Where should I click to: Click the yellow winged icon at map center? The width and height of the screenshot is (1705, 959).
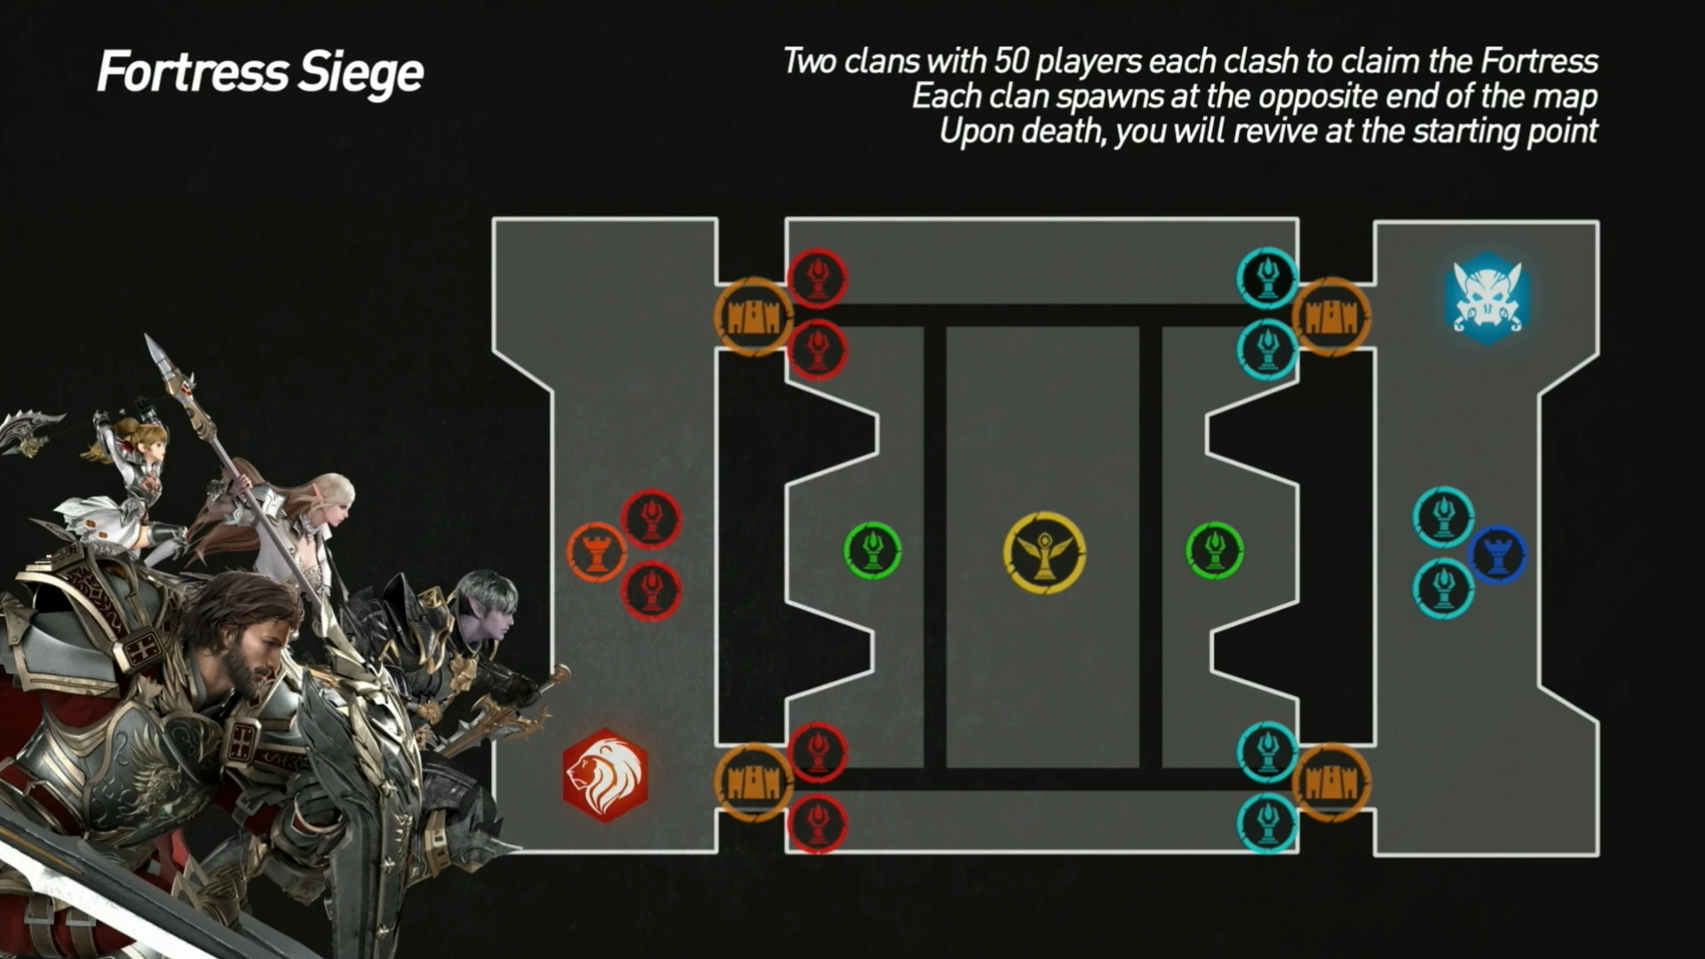coord(1044,551)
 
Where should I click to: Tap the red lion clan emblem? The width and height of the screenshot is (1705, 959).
coord(605,775)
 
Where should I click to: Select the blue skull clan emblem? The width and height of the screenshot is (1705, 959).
coord(1487,297)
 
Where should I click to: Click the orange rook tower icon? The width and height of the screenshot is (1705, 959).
coord(597,552)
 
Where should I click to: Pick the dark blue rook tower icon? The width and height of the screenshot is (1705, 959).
coord(1497,554)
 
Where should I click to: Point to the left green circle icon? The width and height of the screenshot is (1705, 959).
coord(872,551)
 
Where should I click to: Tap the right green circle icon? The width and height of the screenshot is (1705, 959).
coord(1215,551)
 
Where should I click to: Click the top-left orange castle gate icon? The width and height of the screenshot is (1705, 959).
coord(753,316)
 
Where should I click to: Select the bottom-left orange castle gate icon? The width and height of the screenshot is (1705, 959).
coord(753,782)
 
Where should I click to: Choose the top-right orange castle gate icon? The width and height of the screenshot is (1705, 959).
coord(1331,316)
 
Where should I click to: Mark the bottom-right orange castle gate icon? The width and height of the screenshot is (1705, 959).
coord(1331,782)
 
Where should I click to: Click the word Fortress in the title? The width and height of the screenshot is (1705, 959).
coord(192,72)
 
